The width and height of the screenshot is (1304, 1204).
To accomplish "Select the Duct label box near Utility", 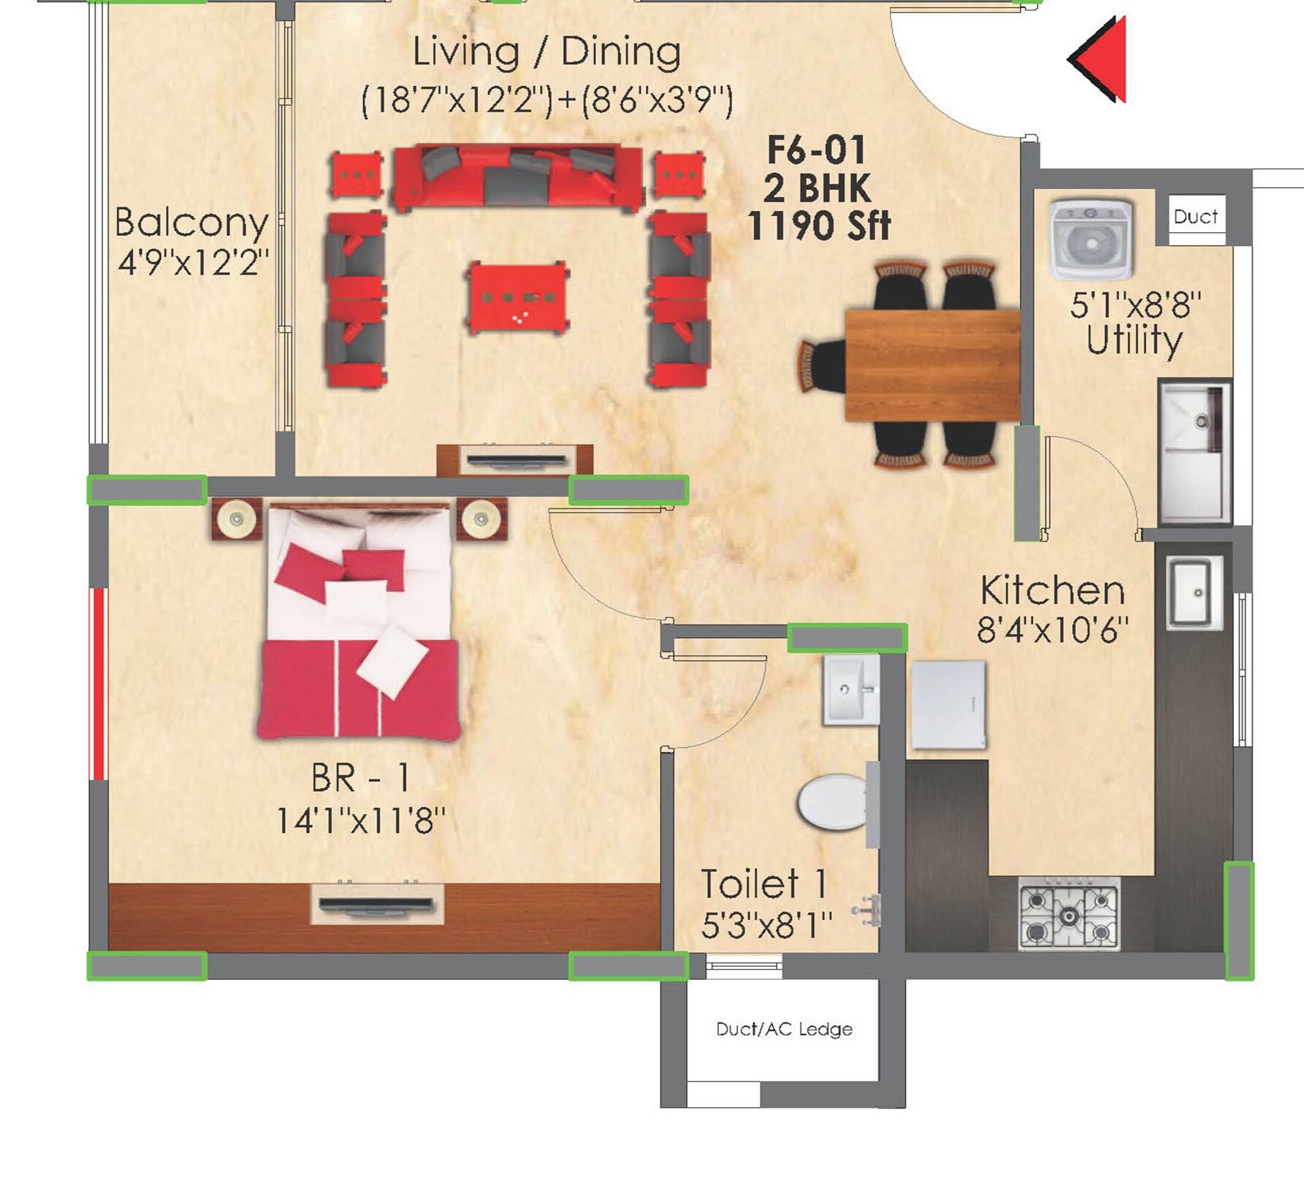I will pos(1195,217).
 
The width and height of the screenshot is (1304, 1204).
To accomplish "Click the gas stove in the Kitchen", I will pos(1069,914).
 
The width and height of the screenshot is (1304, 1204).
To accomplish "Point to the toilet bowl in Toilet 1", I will pos(831,802).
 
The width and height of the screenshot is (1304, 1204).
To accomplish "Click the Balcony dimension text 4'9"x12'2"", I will pos(194,262).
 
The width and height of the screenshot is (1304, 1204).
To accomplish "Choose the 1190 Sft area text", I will pos(818,226).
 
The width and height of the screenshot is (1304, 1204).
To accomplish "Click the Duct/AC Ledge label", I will pos(784,1029).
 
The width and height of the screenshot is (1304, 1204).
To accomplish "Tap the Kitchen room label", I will pos(1052,590).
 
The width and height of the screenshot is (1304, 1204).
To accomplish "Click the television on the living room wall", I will pos(516,461).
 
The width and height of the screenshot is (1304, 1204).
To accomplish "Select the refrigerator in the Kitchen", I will pos(948,705).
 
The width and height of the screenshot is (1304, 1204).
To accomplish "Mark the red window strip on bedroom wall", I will pos(99,684).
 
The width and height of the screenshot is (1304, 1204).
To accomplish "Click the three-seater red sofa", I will pos(517,177).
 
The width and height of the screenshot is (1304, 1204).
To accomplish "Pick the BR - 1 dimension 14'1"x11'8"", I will pos(360,821).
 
